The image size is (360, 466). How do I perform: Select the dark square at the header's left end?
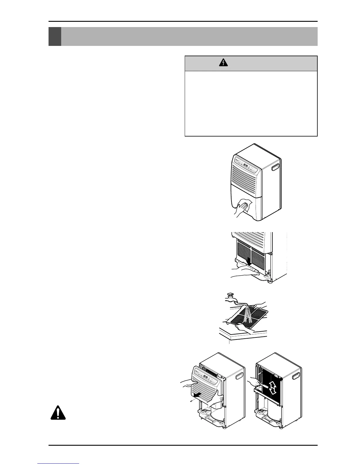pyautogui.click(x=55, y=36)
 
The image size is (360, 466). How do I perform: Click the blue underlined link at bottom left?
pyautogui.click(x=59, y=464)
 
